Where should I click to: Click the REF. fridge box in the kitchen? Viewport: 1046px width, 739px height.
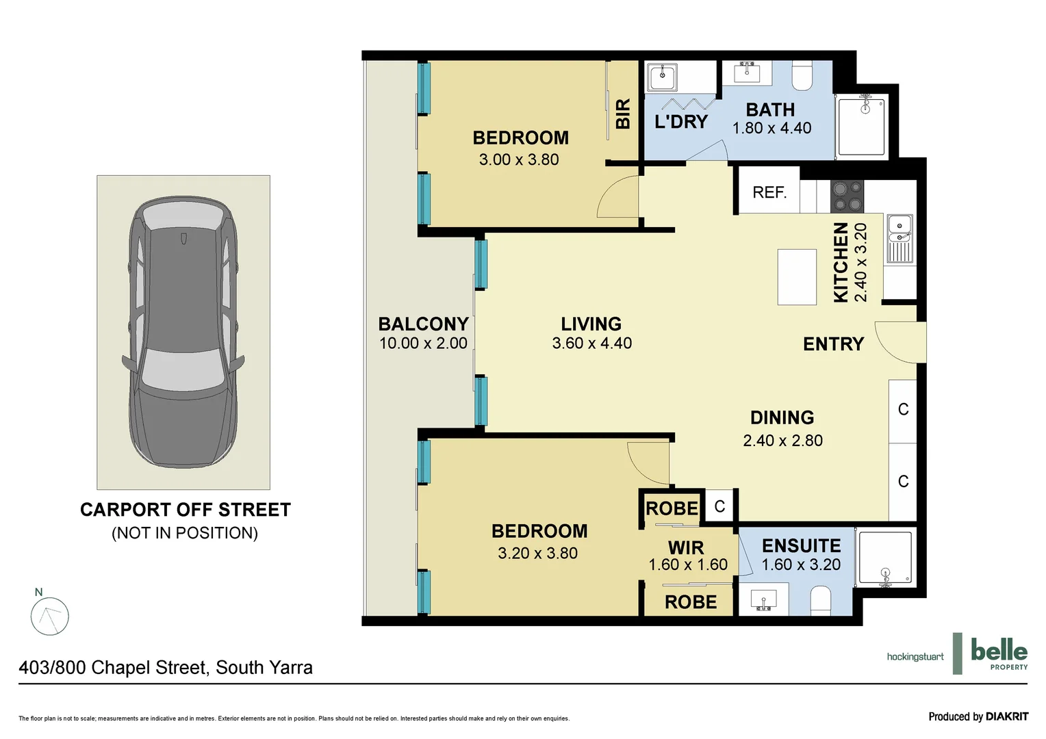(x=768, y=192)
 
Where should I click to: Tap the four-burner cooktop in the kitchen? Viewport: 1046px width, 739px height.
(x=847, y=196)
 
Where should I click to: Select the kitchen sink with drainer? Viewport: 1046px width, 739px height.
(x=900, y=239)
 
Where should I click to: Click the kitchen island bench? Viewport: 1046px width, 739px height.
(x=797, y=277)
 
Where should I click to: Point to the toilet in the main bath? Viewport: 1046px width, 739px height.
(x=802, y=75)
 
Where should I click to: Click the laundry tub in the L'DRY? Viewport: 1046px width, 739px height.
(x=662, y=77)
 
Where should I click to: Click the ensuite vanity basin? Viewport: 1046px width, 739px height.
(x=763, y=600)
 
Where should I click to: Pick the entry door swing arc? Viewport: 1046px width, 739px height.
(x=897, y=342)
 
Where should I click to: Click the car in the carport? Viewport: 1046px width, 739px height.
(x=183, y=332)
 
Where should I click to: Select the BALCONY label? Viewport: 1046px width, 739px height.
(x=423, y=324)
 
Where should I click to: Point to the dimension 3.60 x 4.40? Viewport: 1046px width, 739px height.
(x=592, y=343)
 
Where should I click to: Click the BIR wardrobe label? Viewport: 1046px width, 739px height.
(x=623, y=114)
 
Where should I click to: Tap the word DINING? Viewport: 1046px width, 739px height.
(x=782, y=417)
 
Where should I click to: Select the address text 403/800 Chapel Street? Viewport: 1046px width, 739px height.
(x=166, y=667)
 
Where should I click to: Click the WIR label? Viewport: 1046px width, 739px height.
(x=686, y=547)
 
